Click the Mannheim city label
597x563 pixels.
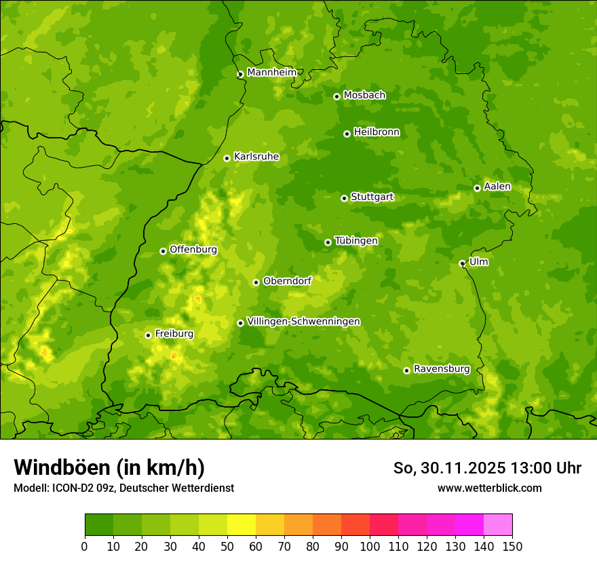(x=271, y=73)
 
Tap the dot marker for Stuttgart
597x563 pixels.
(x=344, y=198)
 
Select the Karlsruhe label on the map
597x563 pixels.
(x=256, y=157)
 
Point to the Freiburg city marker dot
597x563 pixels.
(x=148, y=335)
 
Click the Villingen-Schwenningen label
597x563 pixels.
(x=303, y=322)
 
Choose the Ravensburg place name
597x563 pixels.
(x=441, y=369)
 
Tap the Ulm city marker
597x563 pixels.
(x=462, y=263)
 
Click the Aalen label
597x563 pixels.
(x=497, y=187)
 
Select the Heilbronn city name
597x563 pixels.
(x=377, y=132)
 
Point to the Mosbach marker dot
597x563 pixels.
(x=336, y=96)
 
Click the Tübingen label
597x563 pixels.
(x=356, y=241)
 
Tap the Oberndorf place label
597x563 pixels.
(x=287, y=281)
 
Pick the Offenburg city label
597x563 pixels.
(x=193, y=250)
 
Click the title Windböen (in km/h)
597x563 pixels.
(x=109, y=467)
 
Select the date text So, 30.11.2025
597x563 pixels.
(x=448, y=468)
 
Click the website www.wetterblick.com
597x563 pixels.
(x=489, y=488)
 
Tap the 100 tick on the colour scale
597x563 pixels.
(x=370, y=546)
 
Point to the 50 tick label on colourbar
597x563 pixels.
(x=227, y=546)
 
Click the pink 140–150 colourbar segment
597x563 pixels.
(x=498, y=525)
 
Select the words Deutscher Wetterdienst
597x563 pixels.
(x=180, y=488)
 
